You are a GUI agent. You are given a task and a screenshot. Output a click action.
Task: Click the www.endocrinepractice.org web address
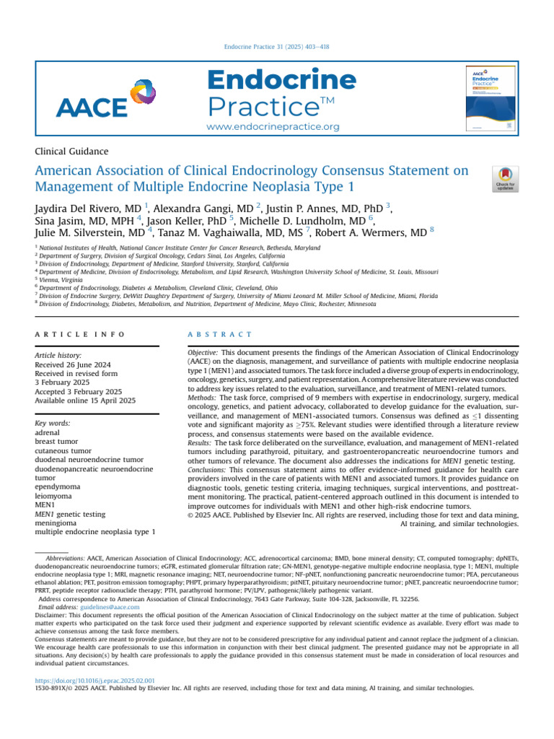pos(273,127)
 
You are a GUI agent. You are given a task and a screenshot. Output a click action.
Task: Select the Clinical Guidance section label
pos(71,152)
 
